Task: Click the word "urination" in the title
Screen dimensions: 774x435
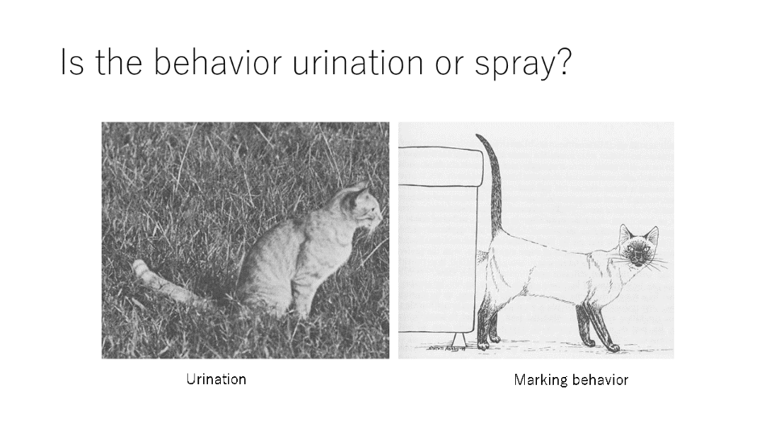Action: (358, 62)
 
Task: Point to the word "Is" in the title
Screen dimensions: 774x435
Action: (72, 62)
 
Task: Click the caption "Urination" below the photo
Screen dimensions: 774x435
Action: (216, 379)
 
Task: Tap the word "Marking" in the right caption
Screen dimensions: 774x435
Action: (540, 380)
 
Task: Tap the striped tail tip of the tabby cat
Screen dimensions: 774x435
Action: (140, 268)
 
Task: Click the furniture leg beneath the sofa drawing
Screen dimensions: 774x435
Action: (459, 339)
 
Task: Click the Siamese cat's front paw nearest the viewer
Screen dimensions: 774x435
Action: (611, 347)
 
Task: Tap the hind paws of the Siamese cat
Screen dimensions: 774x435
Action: (489, 341)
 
